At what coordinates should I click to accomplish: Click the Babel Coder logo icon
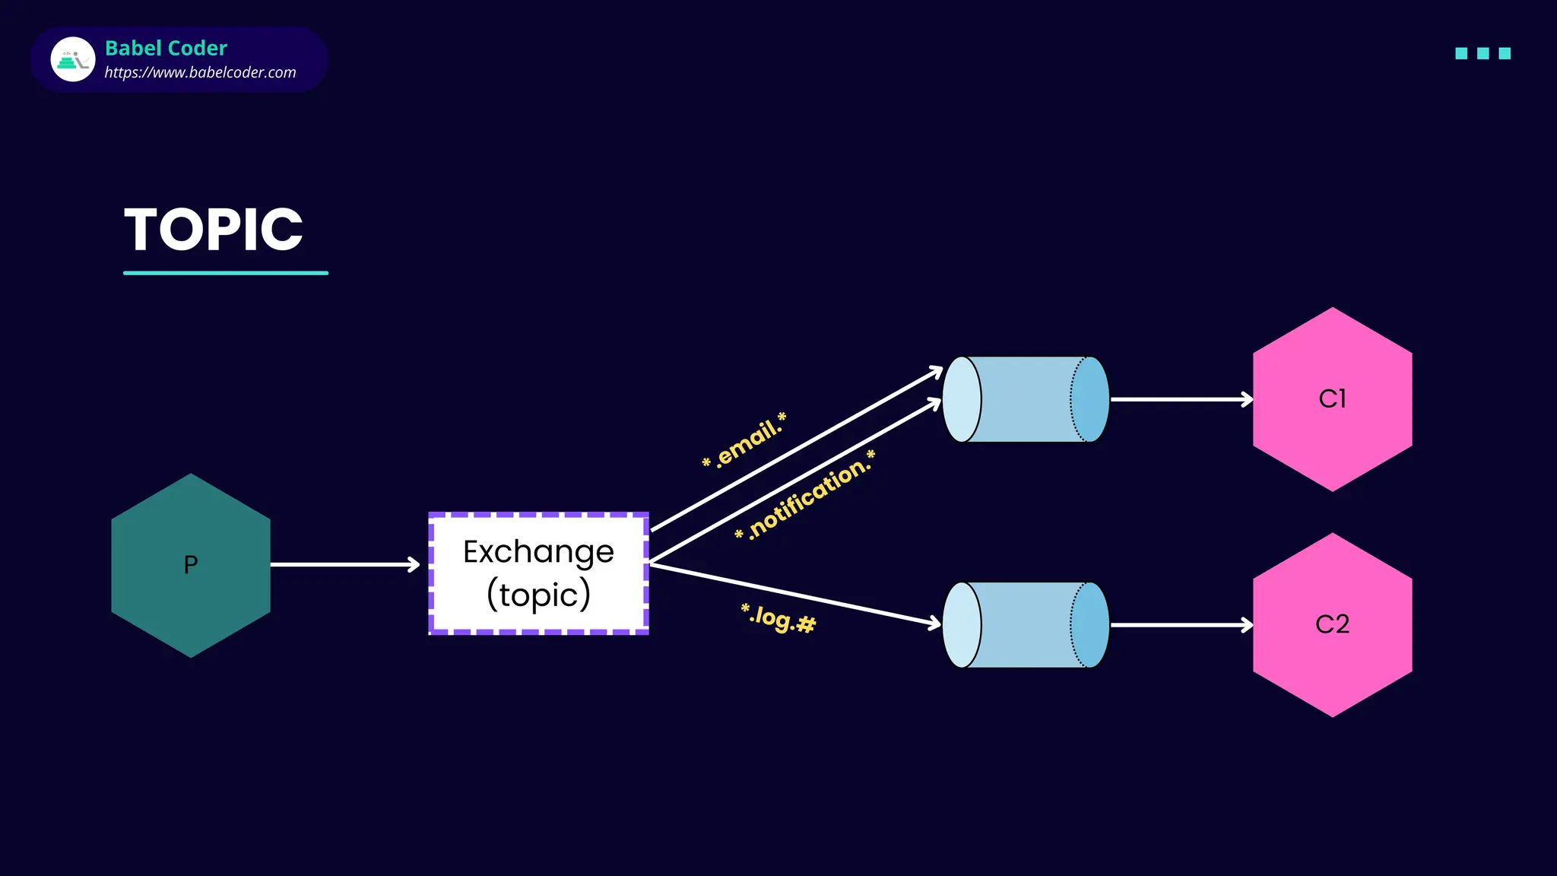[x=73, y=59]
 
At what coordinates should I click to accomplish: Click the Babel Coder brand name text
[x=166, y=48]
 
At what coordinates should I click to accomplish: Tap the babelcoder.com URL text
[x=200, y=73]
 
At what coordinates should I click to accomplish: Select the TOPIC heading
[x=214, y=230]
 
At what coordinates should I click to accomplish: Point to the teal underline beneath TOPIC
[x=225, y=272]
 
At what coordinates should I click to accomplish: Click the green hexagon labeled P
[x=191, y=565]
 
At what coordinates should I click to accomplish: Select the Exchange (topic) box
[x=538, y=573]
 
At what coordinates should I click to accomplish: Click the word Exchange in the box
[x=538, y=552]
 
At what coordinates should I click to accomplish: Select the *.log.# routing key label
[x=778, y=618]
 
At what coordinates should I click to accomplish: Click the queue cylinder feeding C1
[x=1026, y=399]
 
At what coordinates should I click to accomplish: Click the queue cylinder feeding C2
[x=1026, y=625]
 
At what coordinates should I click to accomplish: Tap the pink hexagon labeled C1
[x=1332, y=399]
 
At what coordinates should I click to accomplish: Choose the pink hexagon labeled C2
[x=1332, y=625]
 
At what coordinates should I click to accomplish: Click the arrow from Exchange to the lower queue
[x=794, y=595]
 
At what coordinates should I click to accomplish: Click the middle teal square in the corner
[x=1482, y=53]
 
